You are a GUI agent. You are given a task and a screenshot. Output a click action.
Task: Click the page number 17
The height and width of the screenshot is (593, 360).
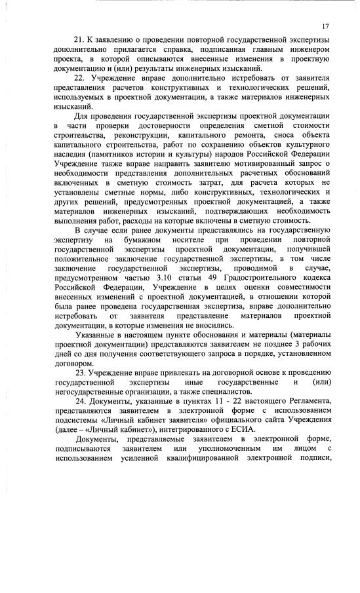coord(325,26)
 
